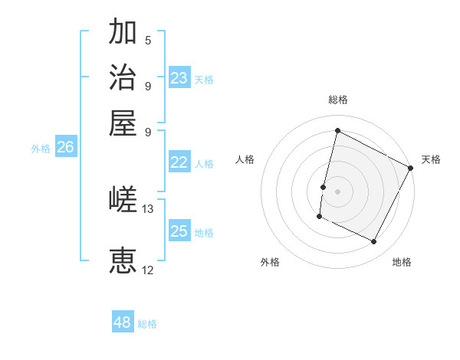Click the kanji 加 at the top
point(123,33)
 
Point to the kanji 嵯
point(123,201)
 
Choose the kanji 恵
point(123,261)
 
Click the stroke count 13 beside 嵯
point(148,209)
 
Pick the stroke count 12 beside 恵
point(148,270)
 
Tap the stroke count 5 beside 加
point(148,41)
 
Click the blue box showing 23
point(179,78)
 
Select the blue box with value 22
point(179,162)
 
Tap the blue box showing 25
point(179,231)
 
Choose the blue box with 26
point(65,148)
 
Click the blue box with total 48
point(123,322)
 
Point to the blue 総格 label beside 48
point(147,324)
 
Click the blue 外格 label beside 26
point(41,149)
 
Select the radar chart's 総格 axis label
point(337,100)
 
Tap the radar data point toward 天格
point(411,168)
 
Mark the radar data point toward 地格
point(374,242)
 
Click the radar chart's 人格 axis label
point(245,159)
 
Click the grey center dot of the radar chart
point(337,191)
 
